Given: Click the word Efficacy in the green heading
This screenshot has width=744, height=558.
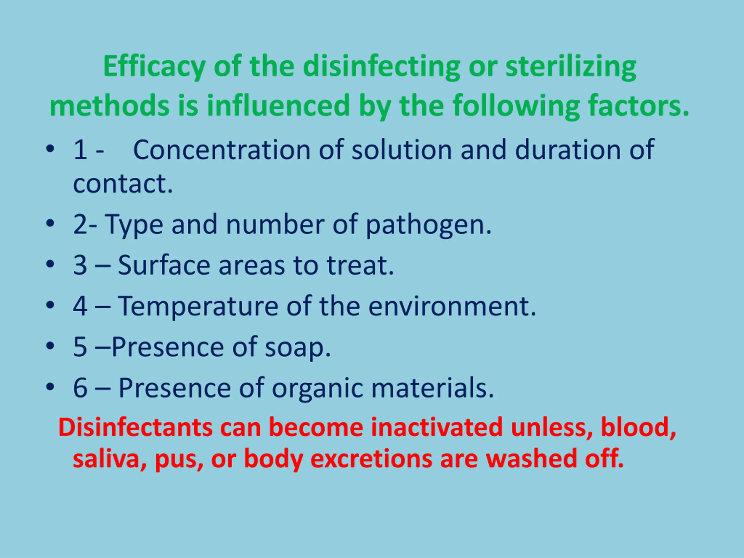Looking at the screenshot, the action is pyautogui.click(x=154, y=67).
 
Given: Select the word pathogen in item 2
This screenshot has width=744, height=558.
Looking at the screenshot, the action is pyautogui.click(x=428, y=225).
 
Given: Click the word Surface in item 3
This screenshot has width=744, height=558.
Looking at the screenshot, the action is pyautogui.click(x=164, y=265).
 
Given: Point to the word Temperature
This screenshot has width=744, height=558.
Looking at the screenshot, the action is pyautogui.click(x=198, y=306).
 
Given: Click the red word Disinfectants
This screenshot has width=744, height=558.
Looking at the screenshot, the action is pyautogui.click(x=135, y=428).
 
